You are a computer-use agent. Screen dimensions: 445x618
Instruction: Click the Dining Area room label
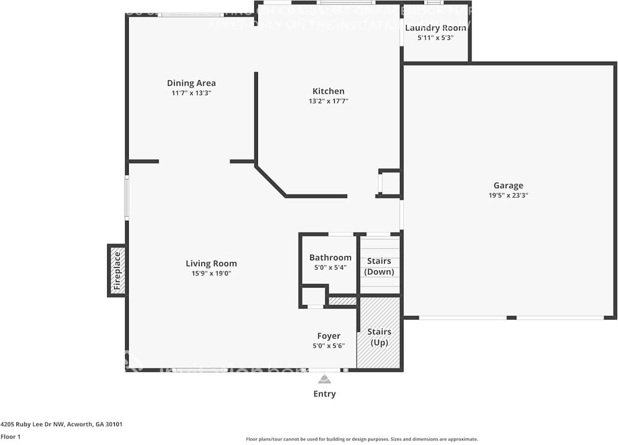click(191, 83)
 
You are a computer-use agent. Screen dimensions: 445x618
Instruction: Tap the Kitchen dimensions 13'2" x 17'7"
click(328, 101)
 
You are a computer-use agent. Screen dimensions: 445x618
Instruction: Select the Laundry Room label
click(435, 28)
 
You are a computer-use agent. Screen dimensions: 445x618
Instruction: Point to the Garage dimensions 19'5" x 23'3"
click(508, 195)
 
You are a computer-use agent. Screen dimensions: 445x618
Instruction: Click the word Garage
click(508, 186)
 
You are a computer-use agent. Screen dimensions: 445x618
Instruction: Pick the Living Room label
click(211, 264)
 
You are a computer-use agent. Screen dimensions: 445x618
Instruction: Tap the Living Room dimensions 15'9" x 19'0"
click(211, 273)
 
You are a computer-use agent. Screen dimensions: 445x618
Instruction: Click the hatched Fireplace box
click(117, 270)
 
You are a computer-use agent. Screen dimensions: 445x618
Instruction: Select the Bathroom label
click(330, 258)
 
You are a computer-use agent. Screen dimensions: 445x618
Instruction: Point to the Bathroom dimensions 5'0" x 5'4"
click(330, 267)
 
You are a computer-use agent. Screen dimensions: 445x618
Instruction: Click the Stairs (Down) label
click(379, 267)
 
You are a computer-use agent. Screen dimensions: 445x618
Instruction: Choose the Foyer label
click(329, 336)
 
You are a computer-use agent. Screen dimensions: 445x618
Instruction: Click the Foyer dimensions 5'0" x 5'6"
click(329, 346)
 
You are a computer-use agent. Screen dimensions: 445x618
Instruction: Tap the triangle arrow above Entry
click(325, 380)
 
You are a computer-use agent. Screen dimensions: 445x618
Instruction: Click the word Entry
click(325, 394)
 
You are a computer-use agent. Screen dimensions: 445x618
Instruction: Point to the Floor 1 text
click(10, 437)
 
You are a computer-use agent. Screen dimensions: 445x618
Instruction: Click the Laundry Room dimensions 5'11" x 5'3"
click(435, 37)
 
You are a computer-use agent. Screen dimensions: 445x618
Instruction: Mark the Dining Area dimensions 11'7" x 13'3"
click(191, 93)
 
